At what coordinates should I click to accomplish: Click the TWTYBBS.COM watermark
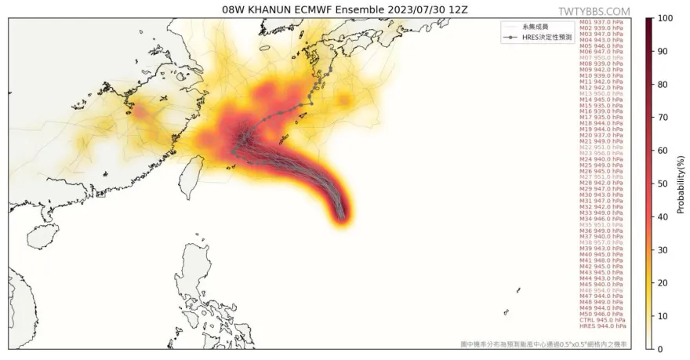594,11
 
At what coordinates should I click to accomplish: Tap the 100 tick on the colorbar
664,18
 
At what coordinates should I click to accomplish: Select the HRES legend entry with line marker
540,37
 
